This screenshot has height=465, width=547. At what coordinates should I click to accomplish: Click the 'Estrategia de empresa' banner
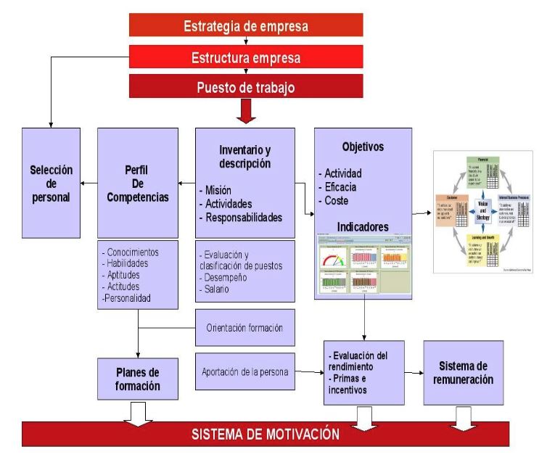(246, 27)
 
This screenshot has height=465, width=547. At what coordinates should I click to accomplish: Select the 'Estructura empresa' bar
(246, 57)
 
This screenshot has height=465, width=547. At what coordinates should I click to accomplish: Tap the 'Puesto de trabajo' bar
(246, 87)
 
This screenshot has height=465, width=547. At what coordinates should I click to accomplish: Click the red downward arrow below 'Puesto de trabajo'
(246, 112)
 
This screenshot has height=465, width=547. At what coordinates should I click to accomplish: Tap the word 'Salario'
(216, 289)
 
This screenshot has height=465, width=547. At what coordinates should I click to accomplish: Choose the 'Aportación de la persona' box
(246, 371)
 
